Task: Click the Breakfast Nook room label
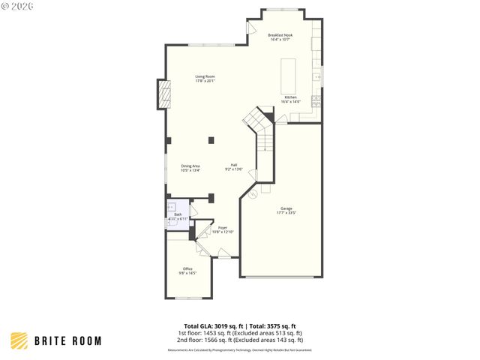280,35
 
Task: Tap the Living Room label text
205,76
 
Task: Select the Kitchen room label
290,97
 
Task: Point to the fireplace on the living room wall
163,94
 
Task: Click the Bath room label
178,214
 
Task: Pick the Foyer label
223,228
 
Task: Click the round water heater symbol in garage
252,194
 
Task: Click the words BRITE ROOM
67,341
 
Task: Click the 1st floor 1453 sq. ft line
240,332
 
